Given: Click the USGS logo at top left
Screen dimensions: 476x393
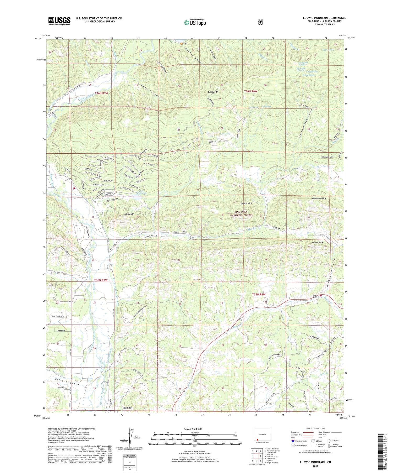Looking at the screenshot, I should (59, 21).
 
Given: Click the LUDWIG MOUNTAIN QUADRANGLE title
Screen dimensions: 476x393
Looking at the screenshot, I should (324, 18).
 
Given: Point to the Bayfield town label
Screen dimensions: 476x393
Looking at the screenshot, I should (127, 407).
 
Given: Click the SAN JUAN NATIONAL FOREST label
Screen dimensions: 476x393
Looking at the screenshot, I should (241, 213).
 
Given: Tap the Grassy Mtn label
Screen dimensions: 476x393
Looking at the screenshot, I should (213, 92).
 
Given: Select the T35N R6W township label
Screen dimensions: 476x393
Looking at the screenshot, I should (259, 294).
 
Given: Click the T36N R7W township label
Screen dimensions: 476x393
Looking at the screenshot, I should (101, 93).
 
